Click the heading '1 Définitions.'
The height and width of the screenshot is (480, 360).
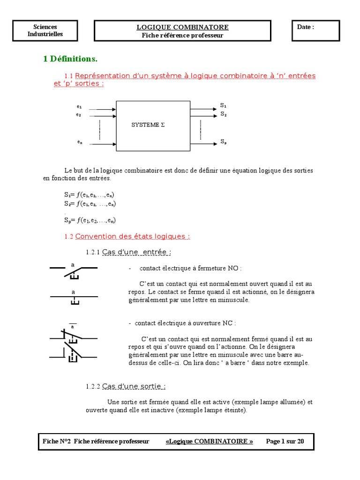point(70,59)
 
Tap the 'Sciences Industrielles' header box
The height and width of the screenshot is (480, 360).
point(45,30)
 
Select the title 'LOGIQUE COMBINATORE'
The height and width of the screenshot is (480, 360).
point(182,27)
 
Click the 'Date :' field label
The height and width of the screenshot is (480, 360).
point(306,27)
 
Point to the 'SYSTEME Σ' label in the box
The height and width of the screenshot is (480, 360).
point(148,125)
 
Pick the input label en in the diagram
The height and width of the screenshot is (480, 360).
point(79,142)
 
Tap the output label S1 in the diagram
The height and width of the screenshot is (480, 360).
point(223,105)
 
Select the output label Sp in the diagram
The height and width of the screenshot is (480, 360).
point(223,141)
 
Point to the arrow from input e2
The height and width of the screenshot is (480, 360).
point(102,115)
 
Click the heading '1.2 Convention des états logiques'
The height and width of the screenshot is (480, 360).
point(127,237)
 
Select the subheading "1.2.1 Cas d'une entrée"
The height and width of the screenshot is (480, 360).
point(128,252)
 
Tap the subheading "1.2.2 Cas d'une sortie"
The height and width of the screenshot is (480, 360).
point(126,386)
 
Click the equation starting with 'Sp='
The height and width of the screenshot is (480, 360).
point(90,220)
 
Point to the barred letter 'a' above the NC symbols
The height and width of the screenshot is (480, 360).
point(73,326)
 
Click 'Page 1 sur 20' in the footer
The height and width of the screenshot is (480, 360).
point(285,441)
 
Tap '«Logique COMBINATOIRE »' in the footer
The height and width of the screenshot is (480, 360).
point(209,441)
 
